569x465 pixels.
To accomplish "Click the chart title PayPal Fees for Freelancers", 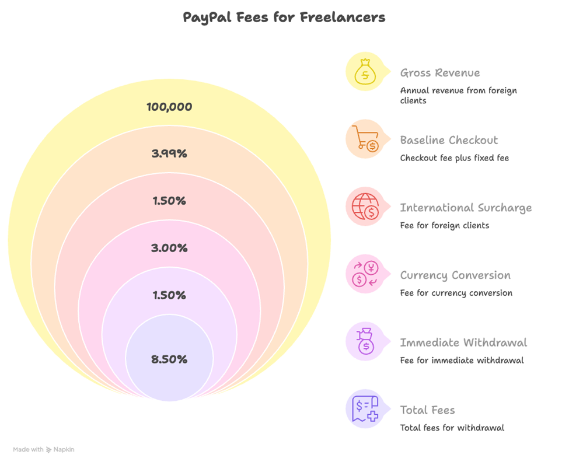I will point(284,17).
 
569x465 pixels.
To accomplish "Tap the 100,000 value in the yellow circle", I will point(169,107).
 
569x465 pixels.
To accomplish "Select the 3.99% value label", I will point(169,154).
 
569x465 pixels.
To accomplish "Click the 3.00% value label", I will point(169,248).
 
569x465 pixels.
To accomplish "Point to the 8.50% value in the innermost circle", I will point(169,359).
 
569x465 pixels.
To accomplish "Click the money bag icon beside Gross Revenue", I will point(365,72).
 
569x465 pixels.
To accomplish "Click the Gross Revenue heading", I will point(440,73).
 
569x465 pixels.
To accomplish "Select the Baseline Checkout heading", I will point(449,140).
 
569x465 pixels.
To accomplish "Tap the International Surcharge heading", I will point(466,208).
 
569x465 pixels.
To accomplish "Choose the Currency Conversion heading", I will point(455,275).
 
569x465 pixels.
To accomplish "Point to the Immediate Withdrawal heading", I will point(463,342).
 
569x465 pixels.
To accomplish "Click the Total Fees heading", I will point(427,410).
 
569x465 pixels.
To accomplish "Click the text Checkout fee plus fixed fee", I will point(454,158).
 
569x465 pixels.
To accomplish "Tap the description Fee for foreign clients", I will point(444,225).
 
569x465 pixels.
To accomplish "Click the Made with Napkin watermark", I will point(44,450).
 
